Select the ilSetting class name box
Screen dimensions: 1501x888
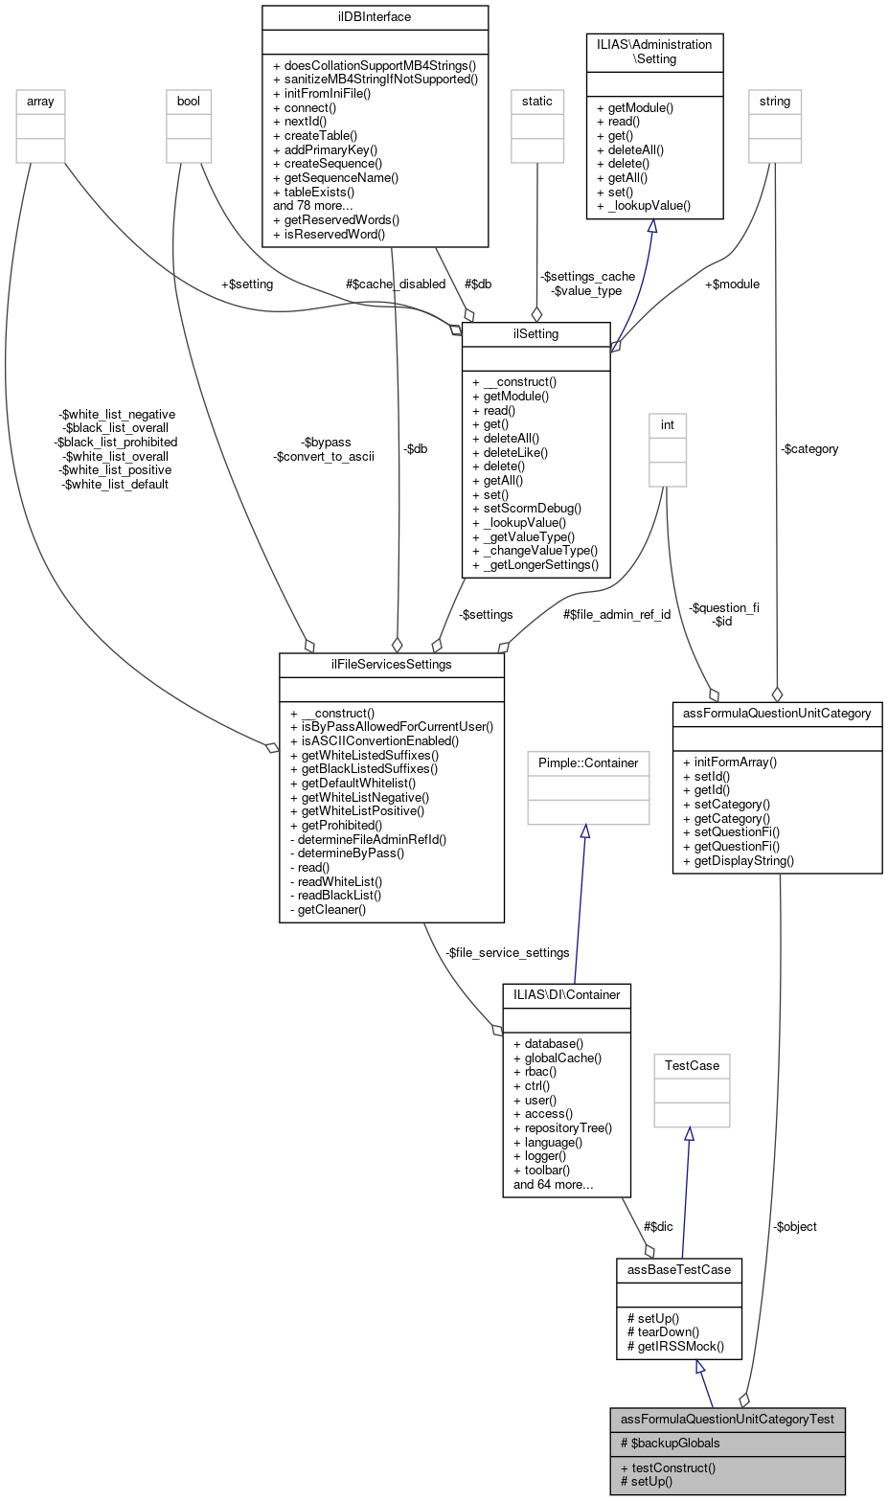pyautogui.click(x=536, y=333)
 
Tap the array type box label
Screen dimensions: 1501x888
pyautogui.click(x=40, y=101)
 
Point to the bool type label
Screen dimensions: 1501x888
pyautogui.click(x=189, y=101)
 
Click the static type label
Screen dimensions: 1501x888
pyautogui.click(x=536, y=101)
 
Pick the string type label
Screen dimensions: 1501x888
pyautogui.click(x=774, y=101)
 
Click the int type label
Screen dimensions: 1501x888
pyautogui.click(x=667, y=424)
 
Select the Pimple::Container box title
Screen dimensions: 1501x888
pyautogui.click(x=584, y=763)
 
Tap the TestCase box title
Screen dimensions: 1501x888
pyautogui.click(x=691, y=1065)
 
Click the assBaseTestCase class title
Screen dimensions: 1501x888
pyautogui.click(x=678, y=1269)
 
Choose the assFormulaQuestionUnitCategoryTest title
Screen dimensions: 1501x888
pyautogui.click(x=727, y=1419)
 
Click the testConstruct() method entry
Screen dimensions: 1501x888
pyautogui.click(x=668, y=1467)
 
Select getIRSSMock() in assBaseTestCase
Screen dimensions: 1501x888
pyautogui.click(x=675, y=1345)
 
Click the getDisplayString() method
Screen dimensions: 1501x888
pyautogui.click(x=738, y=860)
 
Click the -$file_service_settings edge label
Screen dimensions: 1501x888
pyautogui.click(x=508, y=952)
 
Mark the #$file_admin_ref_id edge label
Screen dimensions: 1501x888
pyautogui.click(x=616, y=614)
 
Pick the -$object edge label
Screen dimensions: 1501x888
pyautogui.click(x=794, y=1226)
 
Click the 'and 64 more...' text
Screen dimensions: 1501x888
pyautogui.click(x=553, y=1184)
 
